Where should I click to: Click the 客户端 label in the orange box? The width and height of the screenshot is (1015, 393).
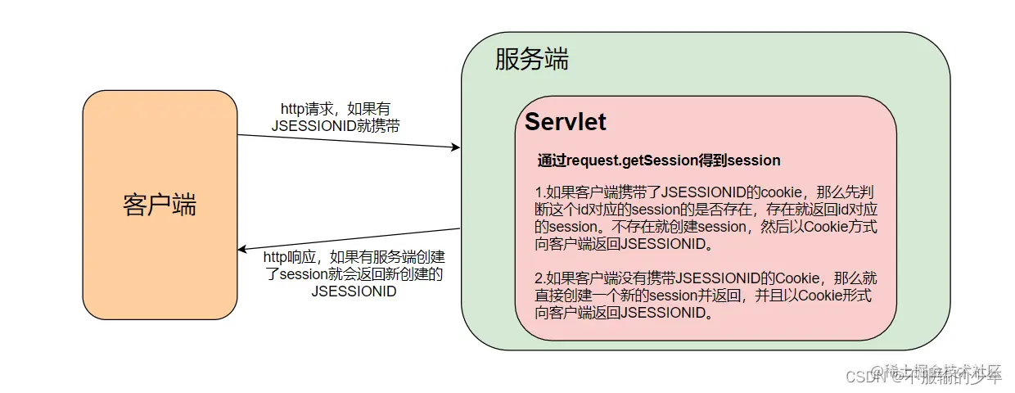tap(160, 204)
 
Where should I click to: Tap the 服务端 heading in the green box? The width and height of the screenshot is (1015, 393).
tap(531, 60)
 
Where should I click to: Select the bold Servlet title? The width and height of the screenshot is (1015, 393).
tap(566, 122)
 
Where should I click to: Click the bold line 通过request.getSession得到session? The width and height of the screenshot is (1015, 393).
tap(659, 160)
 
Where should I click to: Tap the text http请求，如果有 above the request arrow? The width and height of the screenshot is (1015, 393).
tap(339, 108)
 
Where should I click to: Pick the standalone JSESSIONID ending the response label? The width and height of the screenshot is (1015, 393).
tap(354, 291)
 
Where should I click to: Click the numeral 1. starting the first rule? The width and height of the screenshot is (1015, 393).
tap(540, 192)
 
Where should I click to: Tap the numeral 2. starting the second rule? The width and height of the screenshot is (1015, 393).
tap(540, 278)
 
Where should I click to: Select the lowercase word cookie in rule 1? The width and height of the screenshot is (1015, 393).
tap(783, 192)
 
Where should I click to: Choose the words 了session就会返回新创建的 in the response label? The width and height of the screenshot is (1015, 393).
tap(354, 274)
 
